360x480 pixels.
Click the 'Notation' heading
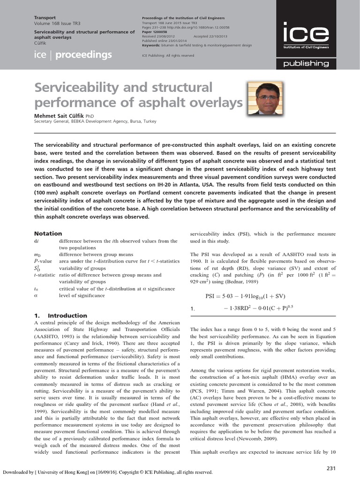(48, 233)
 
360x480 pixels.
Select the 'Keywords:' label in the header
(152, 45)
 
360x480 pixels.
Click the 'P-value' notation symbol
(44, 261)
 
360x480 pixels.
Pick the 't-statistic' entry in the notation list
(45, 275)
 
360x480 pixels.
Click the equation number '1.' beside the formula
(192, 308)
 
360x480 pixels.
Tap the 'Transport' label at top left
(45, 18)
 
